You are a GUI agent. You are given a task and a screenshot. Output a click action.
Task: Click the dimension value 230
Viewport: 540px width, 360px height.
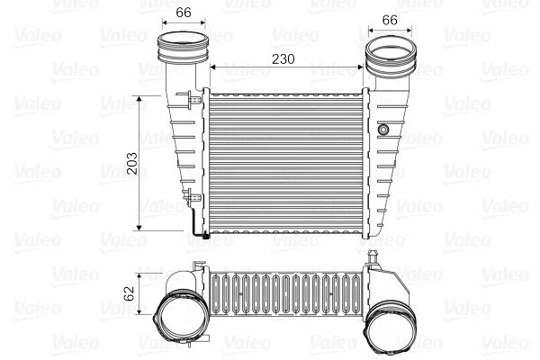pyautogui.click(x=283, y=58)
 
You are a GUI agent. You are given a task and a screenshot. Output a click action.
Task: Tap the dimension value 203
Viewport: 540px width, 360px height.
pyautogui.click(x=131, y=163)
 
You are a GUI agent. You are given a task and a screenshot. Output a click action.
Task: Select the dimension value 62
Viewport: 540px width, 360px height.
pyautogui.click(x=130, y=293)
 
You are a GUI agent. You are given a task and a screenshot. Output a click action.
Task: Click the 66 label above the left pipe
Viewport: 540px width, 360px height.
pyautogui.click(x=184, y=13)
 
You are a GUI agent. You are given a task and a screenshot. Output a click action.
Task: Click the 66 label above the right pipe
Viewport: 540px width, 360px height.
pyautogui.click(x=390, y=20)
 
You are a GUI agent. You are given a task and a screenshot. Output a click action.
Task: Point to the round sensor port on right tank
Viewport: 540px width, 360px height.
pyautogui.click(x=383, y=130)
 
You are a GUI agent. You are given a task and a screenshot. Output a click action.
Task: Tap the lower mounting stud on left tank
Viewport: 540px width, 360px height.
pyautogui.click(x=192, y=198)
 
